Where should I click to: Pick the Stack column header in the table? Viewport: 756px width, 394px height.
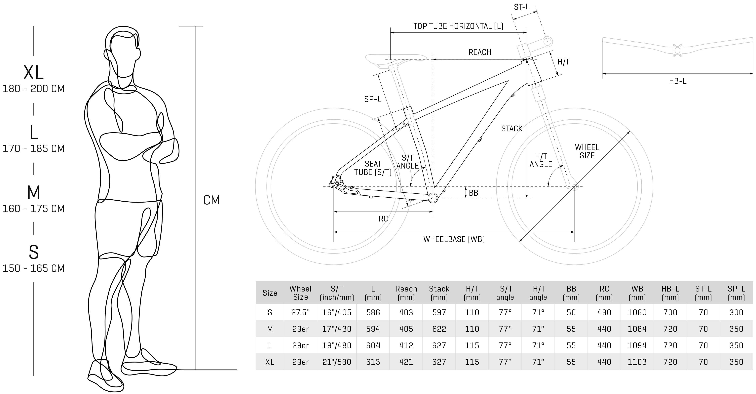click(439, 293)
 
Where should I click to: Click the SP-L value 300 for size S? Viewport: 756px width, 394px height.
click(736, 312)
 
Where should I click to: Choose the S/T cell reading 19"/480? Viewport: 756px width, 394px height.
click(337, 346)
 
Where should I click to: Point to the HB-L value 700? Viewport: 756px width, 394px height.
click(670, 312)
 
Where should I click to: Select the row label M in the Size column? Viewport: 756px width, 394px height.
click(270, 329)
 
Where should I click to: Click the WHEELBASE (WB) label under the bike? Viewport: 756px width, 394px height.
click(454, 239)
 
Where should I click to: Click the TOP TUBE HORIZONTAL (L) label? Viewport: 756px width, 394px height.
click(458, 26)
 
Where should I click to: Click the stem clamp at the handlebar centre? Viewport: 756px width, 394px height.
click(677, 50)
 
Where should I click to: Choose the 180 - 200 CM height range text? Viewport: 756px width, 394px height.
click(33, 89)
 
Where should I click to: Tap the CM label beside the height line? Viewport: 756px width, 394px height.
click(211, 200)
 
